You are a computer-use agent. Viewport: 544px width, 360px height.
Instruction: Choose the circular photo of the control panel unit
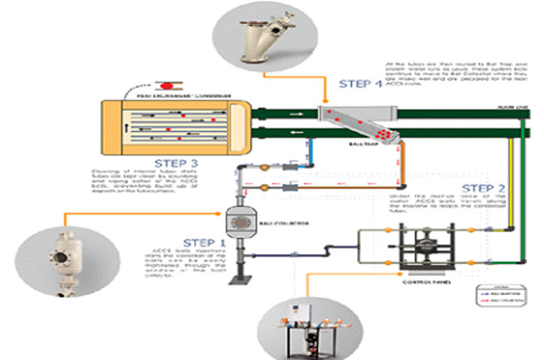coord(307,324)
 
